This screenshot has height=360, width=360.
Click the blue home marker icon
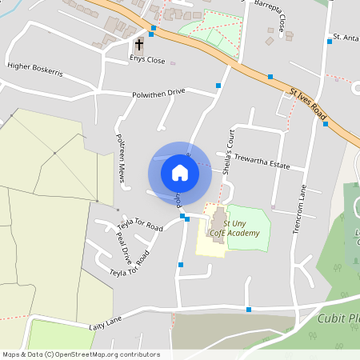point(179,172)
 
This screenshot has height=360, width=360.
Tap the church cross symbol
point(139,45)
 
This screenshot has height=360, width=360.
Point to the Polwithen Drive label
point(158,93)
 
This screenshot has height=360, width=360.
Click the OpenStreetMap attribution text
point(80,354)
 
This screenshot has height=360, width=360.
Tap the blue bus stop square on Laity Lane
point(249,309)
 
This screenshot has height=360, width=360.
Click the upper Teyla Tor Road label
point(140,227)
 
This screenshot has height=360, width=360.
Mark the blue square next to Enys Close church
point(153,28)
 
